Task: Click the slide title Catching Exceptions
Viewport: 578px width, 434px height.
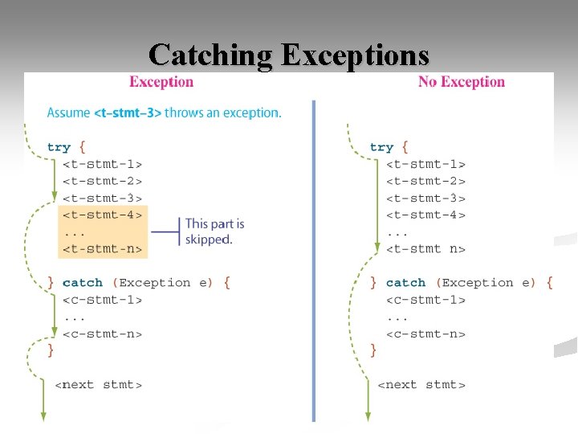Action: pos(289,55)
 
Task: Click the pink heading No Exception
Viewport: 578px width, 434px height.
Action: pos(461,82)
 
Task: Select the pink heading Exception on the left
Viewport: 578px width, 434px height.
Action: pos(161,82)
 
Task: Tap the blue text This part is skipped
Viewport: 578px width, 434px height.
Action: pos(214,231)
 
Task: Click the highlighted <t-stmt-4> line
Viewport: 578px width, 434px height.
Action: pos(102,215)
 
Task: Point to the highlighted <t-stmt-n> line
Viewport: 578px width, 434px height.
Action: pos(102,249)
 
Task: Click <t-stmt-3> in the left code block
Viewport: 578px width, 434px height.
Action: pos(102,198)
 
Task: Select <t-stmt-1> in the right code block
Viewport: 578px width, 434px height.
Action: pos(425,164)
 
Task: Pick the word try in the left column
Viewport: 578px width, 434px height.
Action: pos(59,147)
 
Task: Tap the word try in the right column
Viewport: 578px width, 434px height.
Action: pos(381,147)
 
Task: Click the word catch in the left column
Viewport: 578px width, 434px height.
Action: pos(82,283)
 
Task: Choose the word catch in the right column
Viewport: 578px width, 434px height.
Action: pos(405,283)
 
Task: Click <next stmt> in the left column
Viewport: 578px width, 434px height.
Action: pos(98,385)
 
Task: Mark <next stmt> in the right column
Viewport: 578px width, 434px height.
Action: pos(421,385)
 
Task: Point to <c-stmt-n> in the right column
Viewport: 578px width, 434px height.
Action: pos(425,334)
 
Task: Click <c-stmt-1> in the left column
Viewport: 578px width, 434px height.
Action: pos(102,300)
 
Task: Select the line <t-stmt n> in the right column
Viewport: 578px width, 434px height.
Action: pos(425,249)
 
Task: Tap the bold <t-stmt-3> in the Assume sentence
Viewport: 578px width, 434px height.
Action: pos(128,113)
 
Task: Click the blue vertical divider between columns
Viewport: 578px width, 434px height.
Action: pos(313,257)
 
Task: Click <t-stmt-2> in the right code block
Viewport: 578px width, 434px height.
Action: pos(425,181)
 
